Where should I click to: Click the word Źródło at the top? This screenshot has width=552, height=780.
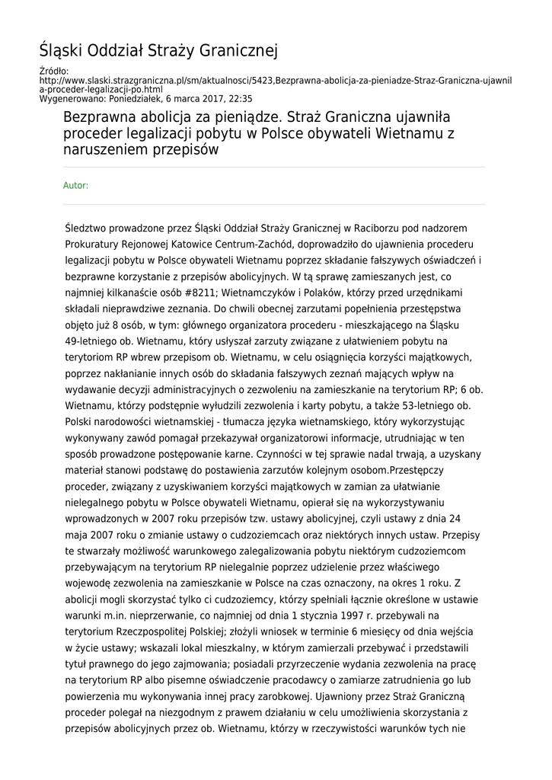53,71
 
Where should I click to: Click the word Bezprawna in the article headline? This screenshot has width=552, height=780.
100,118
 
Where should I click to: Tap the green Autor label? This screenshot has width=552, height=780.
75,185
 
